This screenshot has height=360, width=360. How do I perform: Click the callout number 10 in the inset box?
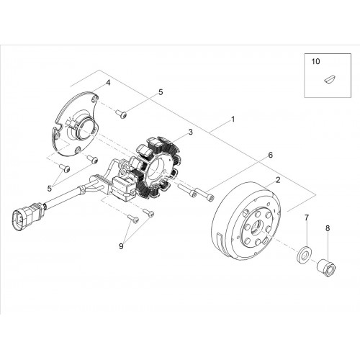315,61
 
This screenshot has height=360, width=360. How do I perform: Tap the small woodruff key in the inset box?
329,79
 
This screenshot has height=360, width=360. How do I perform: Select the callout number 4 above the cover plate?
108,83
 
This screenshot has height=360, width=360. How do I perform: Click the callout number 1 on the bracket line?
233,119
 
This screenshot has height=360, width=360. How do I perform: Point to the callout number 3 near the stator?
190,132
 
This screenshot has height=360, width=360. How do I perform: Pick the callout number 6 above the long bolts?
271,155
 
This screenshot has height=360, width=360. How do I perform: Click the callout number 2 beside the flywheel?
278,180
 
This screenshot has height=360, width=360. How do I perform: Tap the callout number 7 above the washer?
307,218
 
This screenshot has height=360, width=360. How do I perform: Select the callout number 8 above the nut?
328,228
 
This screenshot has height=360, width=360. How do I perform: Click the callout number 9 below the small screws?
121,246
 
